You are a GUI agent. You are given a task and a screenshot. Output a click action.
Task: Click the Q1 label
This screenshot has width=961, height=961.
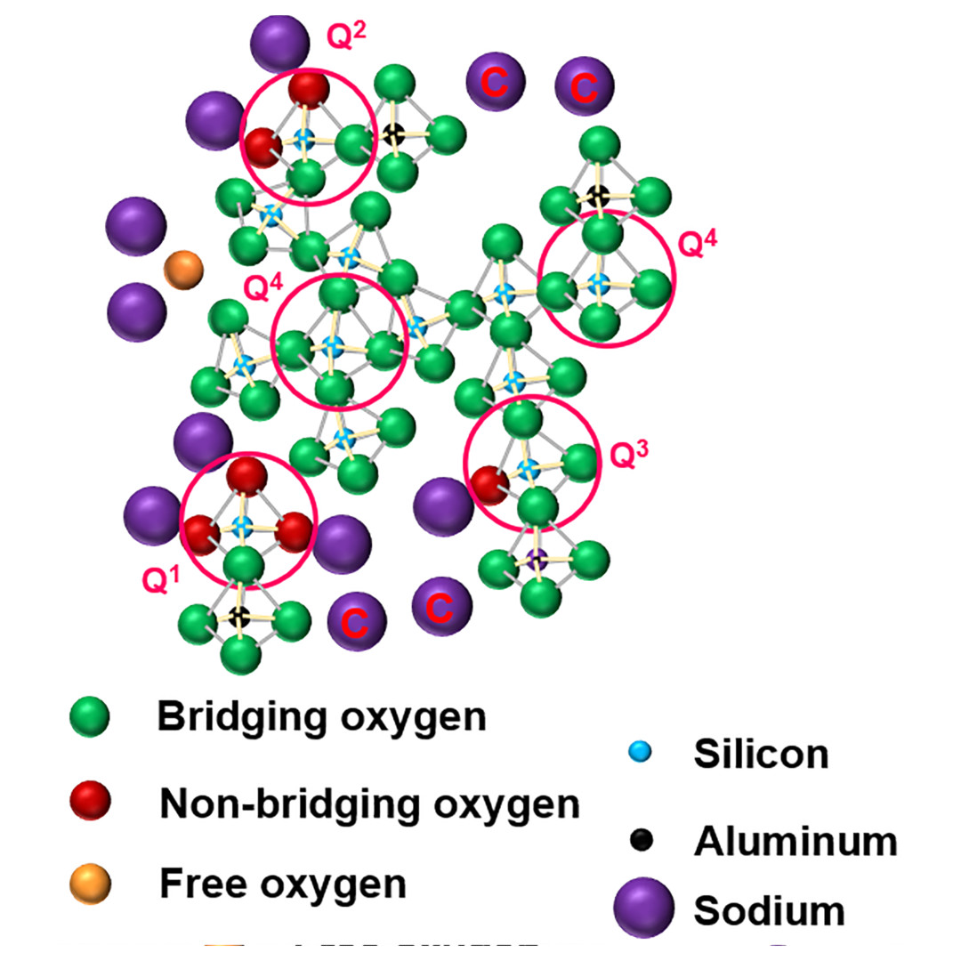pyautogui.click(x=161, y=580)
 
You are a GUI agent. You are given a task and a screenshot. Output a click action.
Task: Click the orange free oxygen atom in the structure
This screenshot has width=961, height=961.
pyautogui.click(x=184, y=270)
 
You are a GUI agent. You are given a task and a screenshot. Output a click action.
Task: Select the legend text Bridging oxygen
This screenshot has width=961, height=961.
pyautogui.click(x=321, y=716)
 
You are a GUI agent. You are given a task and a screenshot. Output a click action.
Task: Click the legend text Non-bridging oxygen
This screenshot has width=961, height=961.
pyautogui.click(x=369, y=804)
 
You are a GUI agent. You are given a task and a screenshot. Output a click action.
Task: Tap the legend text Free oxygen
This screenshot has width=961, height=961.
pyautogui.click(x=282, y=884)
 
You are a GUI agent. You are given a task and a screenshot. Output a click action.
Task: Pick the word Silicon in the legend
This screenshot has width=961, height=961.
pyautogui.click(x=761, y=755)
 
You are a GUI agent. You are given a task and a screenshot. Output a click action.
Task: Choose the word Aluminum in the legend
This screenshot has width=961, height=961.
pyautogui.click(x=795, y=839)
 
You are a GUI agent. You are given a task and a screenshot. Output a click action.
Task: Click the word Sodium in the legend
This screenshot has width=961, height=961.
pyautogui.click(x=769, y=911)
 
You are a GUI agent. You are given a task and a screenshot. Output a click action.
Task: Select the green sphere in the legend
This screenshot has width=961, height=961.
pyautogui.click(x=89, y=717)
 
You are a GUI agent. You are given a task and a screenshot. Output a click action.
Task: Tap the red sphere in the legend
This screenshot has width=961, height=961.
pyautogui.click(x=90, y=802)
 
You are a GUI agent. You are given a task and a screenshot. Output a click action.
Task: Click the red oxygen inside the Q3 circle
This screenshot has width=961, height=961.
pyautogui.click(x=489, y=485)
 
